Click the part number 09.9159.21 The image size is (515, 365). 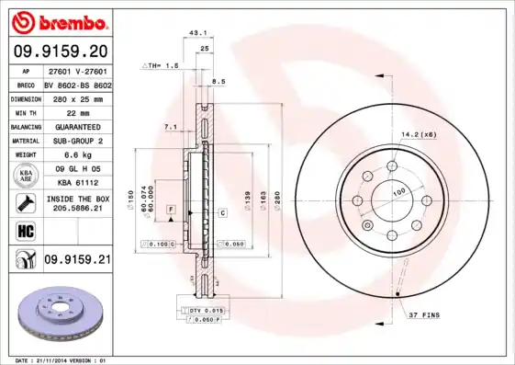pos(76,260)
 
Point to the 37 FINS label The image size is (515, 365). pos(425,315)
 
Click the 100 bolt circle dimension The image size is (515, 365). pos(400,191)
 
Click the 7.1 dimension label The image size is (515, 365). pos(170,127)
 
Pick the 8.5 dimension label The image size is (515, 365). pos(218,82)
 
